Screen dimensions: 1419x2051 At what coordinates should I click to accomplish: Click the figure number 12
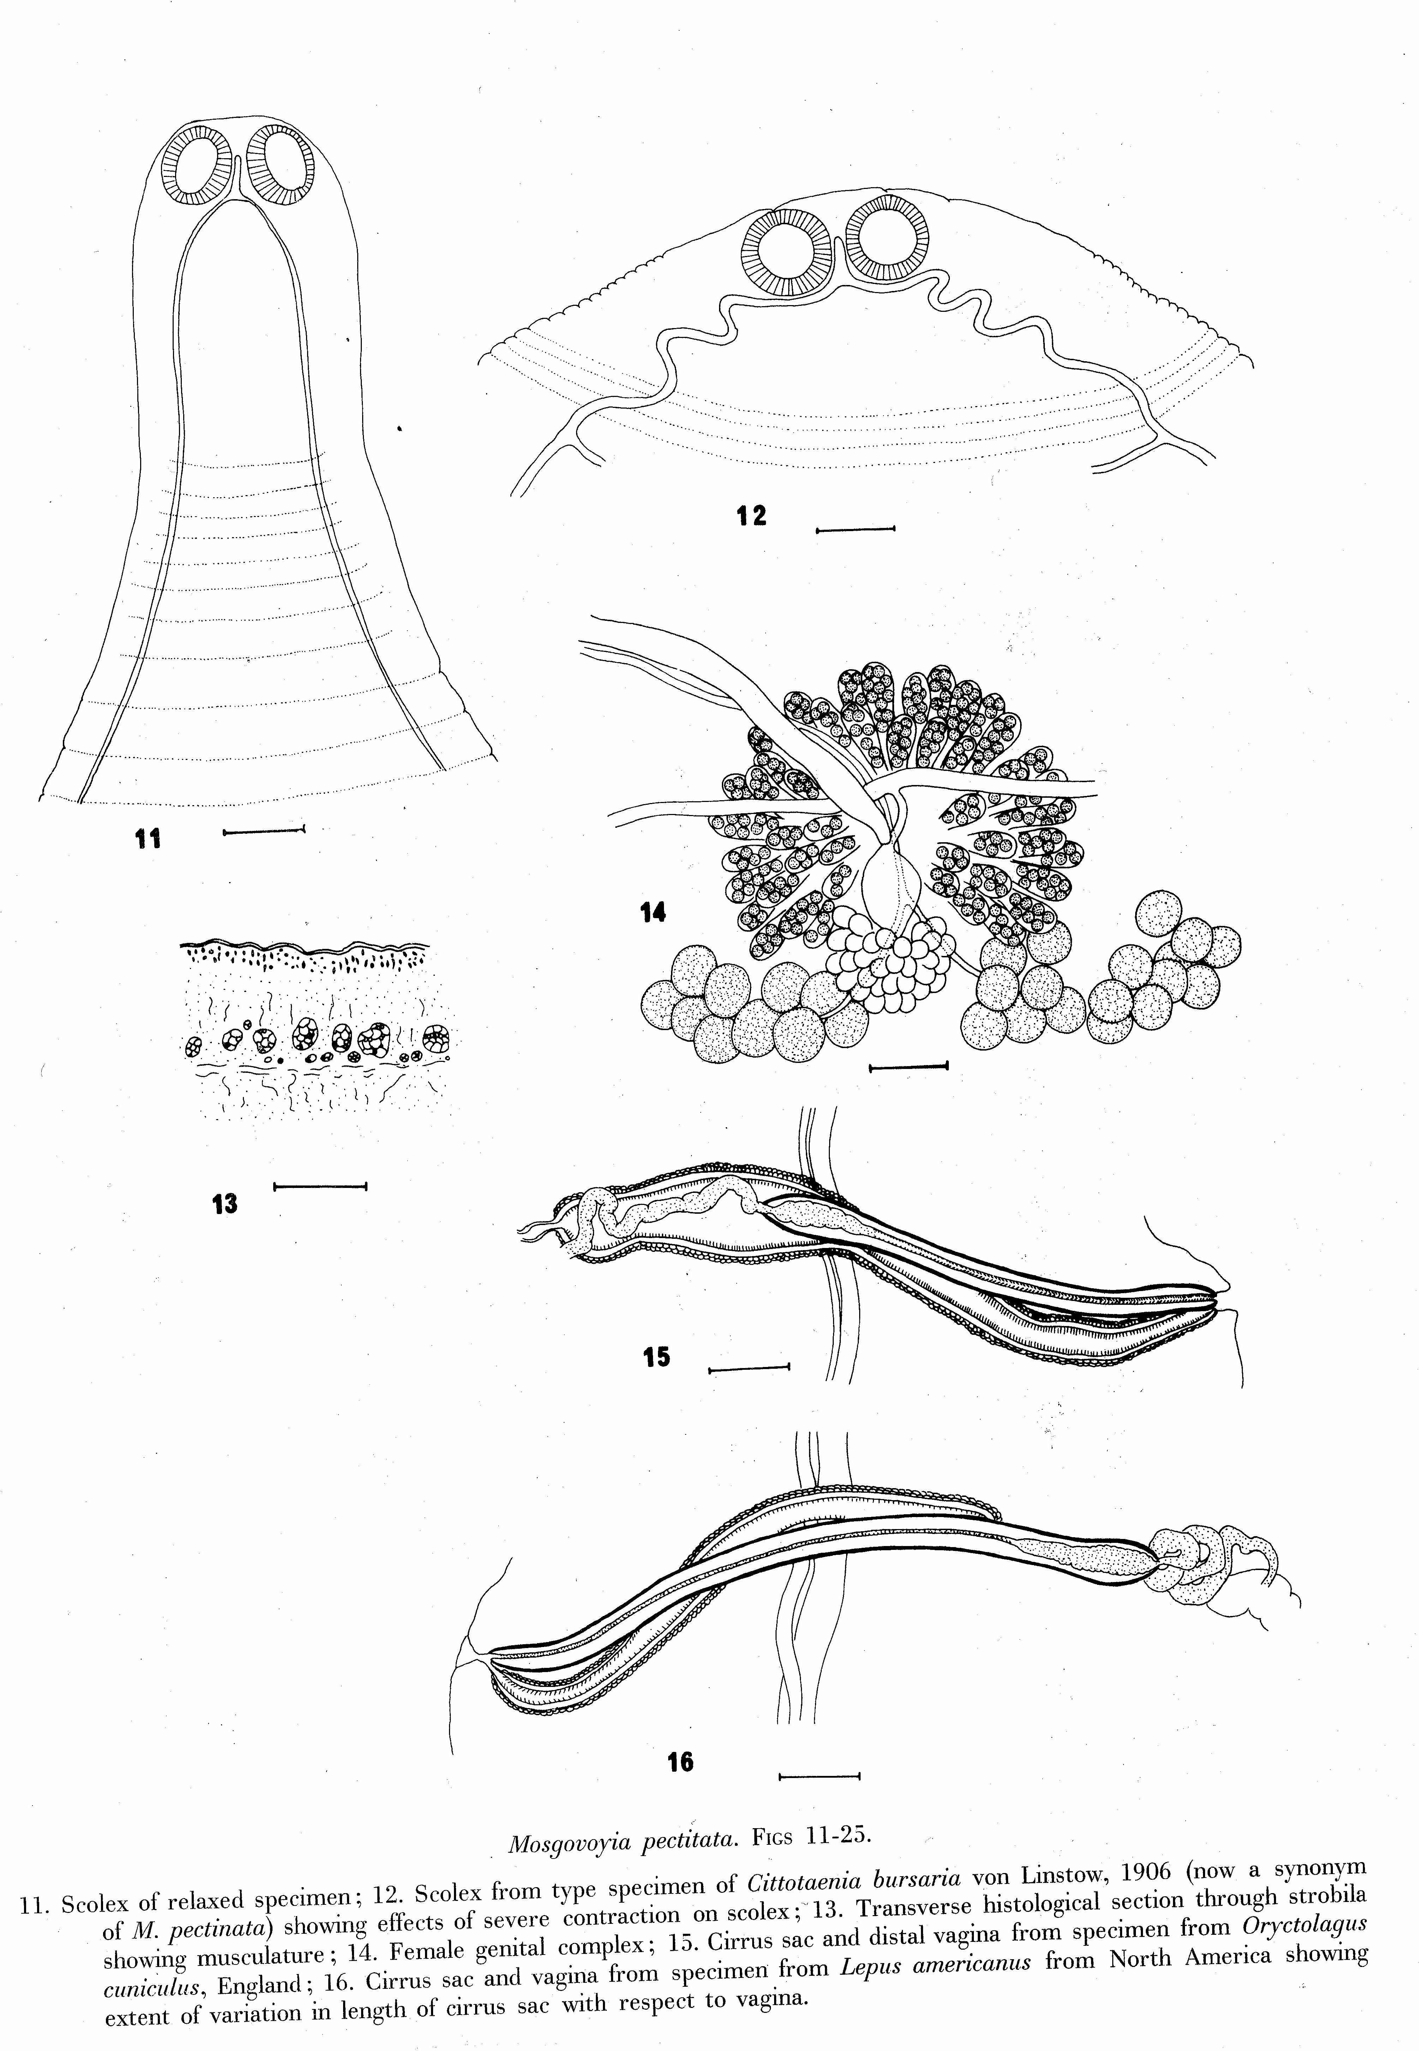click(x=751, y=516)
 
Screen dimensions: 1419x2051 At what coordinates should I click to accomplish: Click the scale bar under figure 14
click(x=908, y=1065)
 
